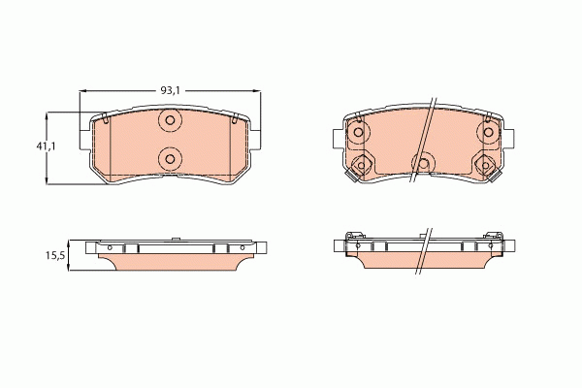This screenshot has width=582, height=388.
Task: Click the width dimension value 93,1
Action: (170, 90)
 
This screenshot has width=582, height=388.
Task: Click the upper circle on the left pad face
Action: (170, 121)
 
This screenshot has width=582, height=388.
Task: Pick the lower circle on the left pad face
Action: (170, 158)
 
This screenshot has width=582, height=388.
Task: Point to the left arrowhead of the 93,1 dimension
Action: (82, 90)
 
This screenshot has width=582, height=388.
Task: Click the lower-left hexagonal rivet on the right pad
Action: (361, 165)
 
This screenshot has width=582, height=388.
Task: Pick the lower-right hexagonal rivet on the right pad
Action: (485, 165)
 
